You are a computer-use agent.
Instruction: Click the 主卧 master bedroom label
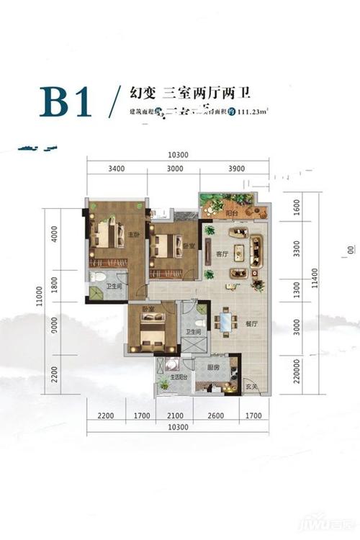(132, 235)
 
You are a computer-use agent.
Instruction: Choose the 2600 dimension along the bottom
(214, 415)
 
